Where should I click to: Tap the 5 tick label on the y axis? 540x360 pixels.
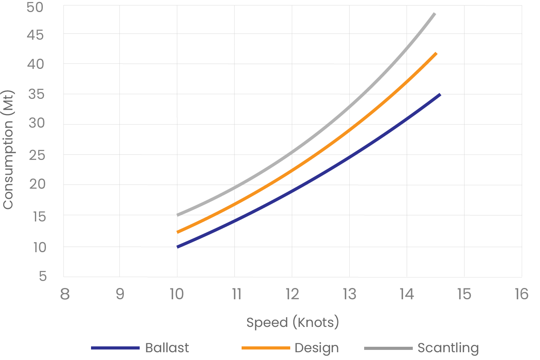coord(42,276)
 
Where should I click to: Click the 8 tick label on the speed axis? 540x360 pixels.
coord(65,294)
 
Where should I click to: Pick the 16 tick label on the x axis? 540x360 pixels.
coord(521,294)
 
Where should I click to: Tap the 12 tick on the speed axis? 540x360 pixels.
coord(292,294)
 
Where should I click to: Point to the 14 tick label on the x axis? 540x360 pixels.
coord(407,294)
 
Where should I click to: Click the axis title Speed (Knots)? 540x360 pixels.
coord(293,322)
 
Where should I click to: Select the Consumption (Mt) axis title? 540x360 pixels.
coord(9,150)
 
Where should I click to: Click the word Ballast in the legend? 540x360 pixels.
coord(167,348)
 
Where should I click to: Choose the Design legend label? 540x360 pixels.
coord(316,348)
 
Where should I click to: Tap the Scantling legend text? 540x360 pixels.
coord(448,348)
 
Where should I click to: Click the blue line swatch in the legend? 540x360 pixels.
coord(115,348)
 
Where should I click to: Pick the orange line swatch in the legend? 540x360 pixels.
coord(266,348)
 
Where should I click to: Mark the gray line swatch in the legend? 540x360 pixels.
coord(388,348)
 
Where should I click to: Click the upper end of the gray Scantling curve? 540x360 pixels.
coord(435,14)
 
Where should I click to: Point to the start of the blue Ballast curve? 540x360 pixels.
coord(178,247)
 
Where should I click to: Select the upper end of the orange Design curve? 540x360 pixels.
coord(436,53)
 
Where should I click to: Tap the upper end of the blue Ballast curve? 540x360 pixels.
coord(440,95)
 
